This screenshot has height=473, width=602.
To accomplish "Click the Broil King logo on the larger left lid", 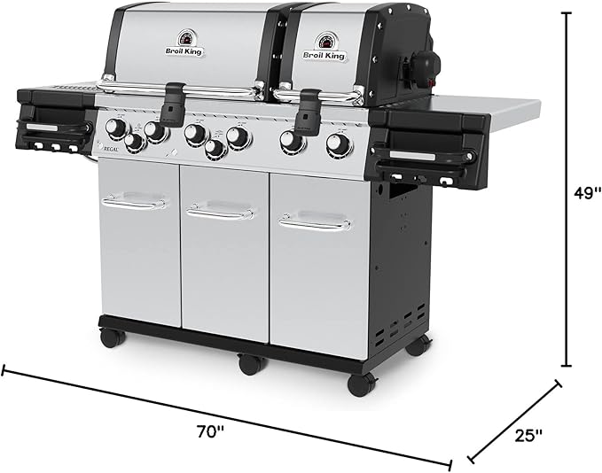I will click(x=186, y=51).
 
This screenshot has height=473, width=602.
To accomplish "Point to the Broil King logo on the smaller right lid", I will click(x=324, y=55).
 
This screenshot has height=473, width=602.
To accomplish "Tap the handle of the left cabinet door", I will click(x=134, y=203).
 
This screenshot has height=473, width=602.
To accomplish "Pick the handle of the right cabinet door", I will click(x=314, y=221).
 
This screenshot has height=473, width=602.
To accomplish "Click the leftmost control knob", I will click(x=115, y=128).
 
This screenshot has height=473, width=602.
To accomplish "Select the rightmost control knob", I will click(x=338, y=144).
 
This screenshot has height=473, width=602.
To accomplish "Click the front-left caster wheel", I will click(x=111, y=337).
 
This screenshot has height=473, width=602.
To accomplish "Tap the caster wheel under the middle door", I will click(x=251, y=363).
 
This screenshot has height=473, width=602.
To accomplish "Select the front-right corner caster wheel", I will click(x=361, y=384).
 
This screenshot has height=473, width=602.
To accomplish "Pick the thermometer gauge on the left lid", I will click(x=186, y=38).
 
